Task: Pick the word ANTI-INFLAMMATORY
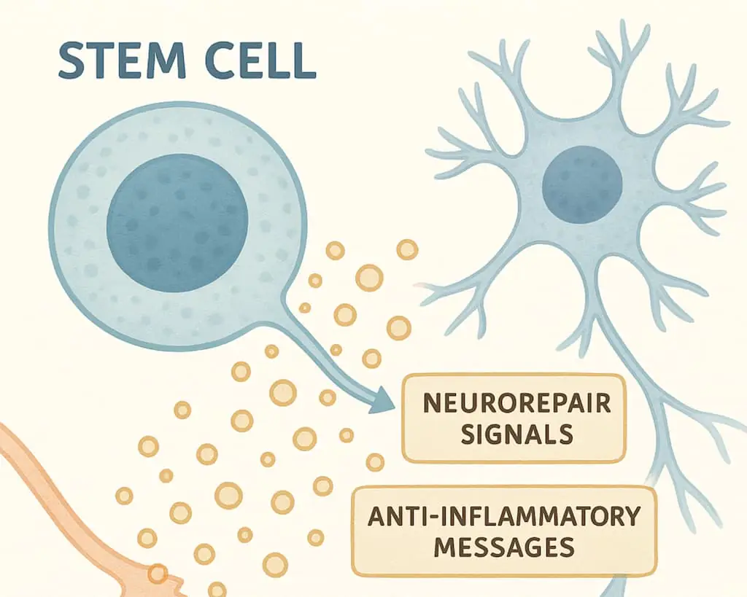coord(504,516)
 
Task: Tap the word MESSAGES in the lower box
coord(503,547)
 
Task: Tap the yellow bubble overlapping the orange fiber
coord(156,574)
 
